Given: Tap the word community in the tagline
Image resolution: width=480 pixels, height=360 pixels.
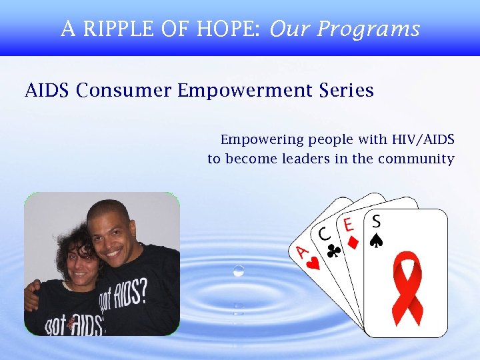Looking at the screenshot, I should (x=416, y=159).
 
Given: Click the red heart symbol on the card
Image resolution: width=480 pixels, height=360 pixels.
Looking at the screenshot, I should (x=313, y=262).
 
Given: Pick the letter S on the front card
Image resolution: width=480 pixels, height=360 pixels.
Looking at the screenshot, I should (x=377, y=220).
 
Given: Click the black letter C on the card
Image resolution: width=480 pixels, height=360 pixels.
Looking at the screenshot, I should (x=325, y=235).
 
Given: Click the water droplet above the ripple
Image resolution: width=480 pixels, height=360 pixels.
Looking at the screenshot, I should (x=239, y=270).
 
